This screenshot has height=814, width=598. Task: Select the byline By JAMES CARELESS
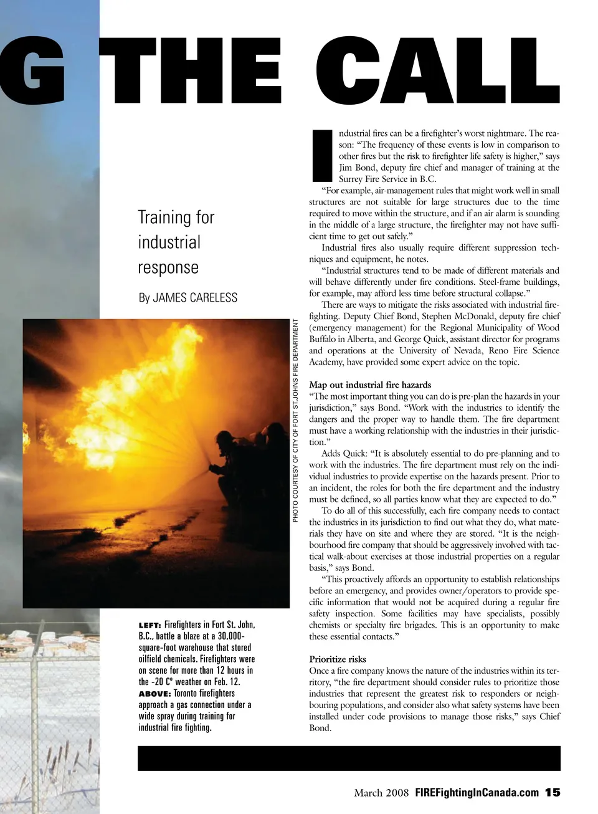pyautogui.click(x=187, y=297)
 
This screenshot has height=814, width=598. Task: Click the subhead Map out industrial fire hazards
pyautogui.click(x=370, y=385)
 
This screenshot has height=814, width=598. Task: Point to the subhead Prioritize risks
pyautogui.click(x=338, y=659)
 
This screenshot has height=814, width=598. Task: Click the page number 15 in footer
pyautogui.click(x=553, y=792)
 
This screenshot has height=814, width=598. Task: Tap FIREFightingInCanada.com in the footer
pyautogui.click(x=477, y=793)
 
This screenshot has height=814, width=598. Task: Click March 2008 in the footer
pyautogui.click(x=381, y=793)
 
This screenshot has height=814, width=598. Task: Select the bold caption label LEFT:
pyautogui.click(x=150, y=625)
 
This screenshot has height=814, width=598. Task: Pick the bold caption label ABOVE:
pyautogui.click(x=154, y=693)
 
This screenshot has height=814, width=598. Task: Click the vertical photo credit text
pyautogui.click(x=297, y=421)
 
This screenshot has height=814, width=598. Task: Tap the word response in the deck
pyautogui.click(x=168, y=267)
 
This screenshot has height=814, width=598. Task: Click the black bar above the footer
pyautogui.click(x=349, y=758)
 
